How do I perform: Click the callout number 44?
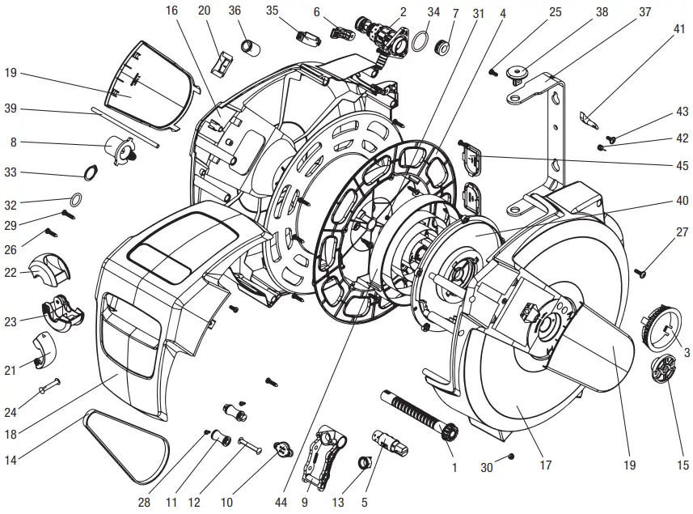[x=281, y=503]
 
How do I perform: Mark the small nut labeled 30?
[x=511, y=458]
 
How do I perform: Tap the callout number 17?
[x=546, y=465]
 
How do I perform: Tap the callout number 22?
[x=11, y=273]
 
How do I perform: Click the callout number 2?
[x=402, y=11]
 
